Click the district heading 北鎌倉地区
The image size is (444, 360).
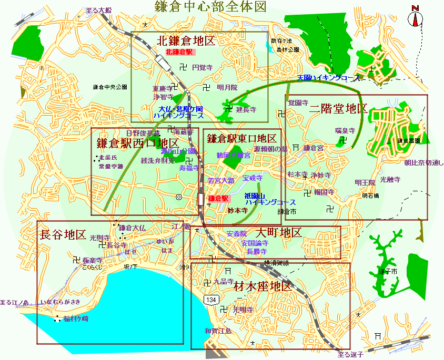[187, 41]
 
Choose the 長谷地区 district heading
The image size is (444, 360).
[63, 235]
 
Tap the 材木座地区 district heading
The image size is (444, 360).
[263, 287]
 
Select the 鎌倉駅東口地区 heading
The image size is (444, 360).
[241, 139]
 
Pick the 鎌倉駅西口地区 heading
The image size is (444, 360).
[138, 143]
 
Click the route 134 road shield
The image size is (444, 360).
[211, 300]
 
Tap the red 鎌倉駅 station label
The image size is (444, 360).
[218, 199]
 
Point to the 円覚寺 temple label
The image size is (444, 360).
[202, 67]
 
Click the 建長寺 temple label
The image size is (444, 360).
[246, 110]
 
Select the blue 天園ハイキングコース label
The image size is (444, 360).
[329, 78]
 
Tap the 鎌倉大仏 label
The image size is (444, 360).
[132, 228]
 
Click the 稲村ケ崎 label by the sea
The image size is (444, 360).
[76, 319]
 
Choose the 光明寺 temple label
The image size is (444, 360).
[243, 310]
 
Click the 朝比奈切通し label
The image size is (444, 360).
[423, 163]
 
